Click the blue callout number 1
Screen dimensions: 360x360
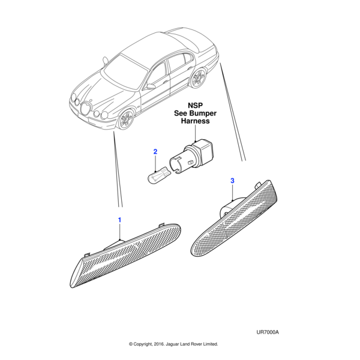tap(119, 220)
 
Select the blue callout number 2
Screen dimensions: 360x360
tap(155, 152)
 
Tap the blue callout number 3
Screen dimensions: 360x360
tap(232, 181)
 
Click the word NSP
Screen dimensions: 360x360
tap(195, 106)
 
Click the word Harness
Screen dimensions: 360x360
tap(195, 121)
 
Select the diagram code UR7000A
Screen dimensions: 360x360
tap(268, 332)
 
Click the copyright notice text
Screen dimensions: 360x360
tap(173, 344)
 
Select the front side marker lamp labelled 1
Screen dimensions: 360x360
tap(125, 255)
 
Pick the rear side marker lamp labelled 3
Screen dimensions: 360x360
tap(234, 218)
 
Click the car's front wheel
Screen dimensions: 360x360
tap(126, 119)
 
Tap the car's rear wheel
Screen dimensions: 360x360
tap(197, 77)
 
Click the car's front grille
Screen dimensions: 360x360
tap(86, 109)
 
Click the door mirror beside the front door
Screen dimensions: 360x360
tap(151, 86)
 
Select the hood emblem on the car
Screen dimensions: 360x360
tap(91, 100)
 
